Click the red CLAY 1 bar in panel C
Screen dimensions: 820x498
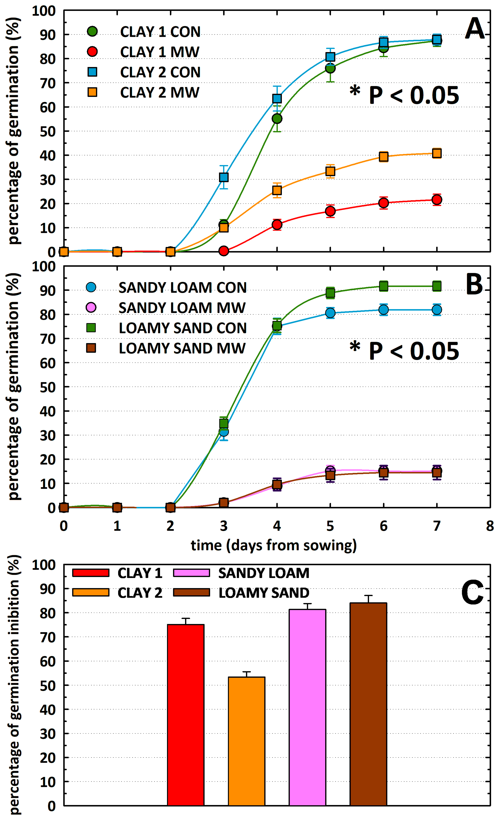(x=186, y=715)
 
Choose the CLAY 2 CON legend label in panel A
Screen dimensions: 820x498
(x=160, y=72)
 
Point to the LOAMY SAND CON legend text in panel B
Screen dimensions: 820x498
(x=182, y=328)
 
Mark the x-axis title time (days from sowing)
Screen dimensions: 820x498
(x=274, y=545)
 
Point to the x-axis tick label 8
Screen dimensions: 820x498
(x=490, y=526)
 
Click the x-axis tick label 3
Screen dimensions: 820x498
(x=224, y=526)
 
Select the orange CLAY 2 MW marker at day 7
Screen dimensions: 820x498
(x=437, y=153)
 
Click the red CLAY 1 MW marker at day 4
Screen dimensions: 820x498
(x=277, y=225)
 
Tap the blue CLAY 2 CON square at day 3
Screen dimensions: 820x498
(x=224, y=177)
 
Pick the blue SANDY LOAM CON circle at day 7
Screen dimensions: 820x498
(x=437, y=310)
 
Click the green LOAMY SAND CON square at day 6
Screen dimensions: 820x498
(x=383, y=286)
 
